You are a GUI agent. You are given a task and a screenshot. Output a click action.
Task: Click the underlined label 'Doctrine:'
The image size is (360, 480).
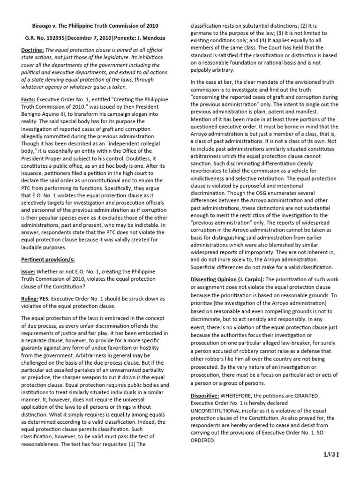click(33, 50)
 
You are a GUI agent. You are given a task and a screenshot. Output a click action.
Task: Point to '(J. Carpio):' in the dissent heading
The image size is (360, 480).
click(251, 279)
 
